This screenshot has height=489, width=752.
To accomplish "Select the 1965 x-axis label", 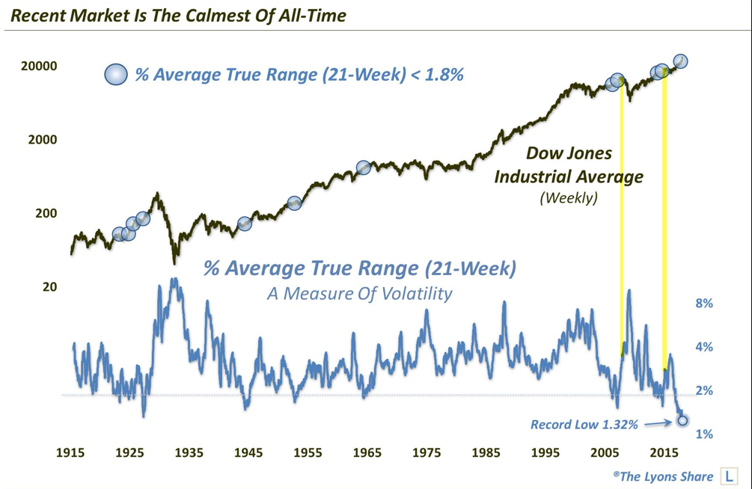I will click(367, 453).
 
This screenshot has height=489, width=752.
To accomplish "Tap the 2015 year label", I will click(664, 453).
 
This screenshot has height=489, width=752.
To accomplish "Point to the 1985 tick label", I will click(486, 453).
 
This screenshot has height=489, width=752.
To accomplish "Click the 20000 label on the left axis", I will click(38, 67).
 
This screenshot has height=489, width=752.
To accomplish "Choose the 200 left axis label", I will click(46, 213).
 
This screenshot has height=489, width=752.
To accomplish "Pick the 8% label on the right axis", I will click(704, 304).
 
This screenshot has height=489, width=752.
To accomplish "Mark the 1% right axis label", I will click(704, 434).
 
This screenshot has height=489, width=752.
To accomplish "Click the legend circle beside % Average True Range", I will click(116, 75).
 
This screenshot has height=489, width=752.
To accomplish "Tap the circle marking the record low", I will click(682, 420).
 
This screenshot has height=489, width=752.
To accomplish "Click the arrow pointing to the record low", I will click(659, 423).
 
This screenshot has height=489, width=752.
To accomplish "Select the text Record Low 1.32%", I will click(585, 424).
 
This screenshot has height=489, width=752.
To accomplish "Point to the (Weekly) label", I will click(569, 199).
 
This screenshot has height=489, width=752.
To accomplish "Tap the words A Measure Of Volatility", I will click(359, 293).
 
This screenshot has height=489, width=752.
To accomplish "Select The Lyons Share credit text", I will click(662, 476).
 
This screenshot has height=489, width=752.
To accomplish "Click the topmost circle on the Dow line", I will click(680, 61).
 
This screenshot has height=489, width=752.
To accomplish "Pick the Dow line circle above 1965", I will click(364, 167).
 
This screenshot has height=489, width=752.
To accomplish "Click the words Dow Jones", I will click(569, 153).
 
